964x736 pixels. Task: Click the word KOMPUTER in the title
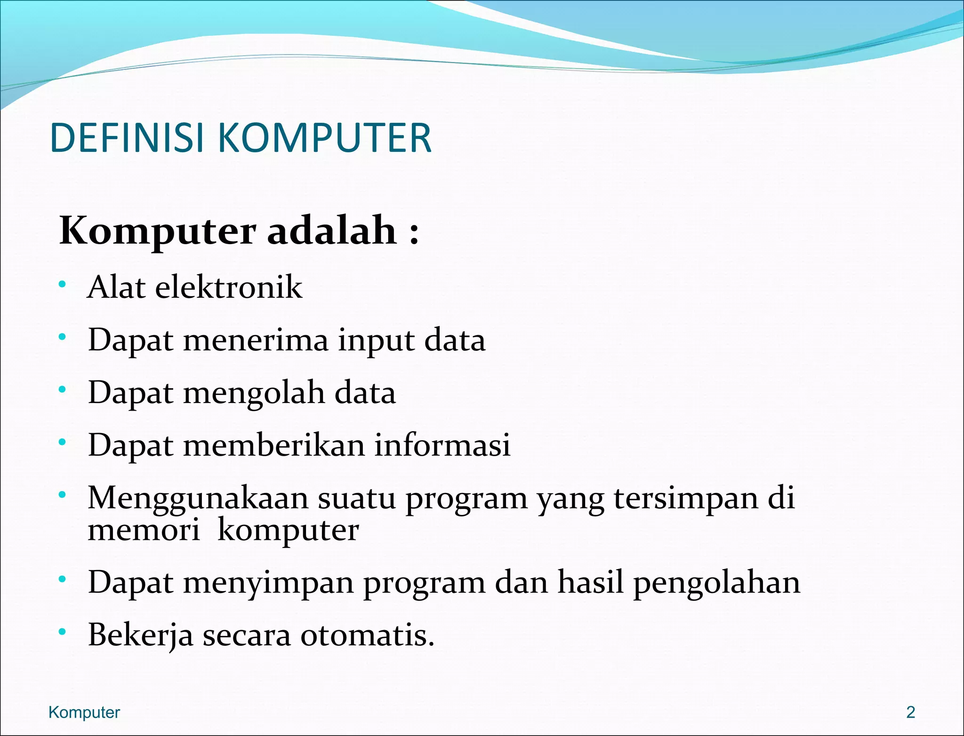pyautogui.click(x=324, y=138)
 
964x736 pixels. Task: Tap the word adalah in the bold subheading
pyautogui.click(x=332, y=231)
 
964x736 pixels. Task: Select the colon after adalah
pyautogui.click(x=414, y=233)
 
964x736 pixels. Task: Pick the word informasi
pyautogui.click(x=442, y=445)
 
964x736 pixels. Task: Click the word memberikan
pyautogui.click(x=273, y=445)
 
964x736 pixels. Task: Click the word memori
pyautogui.click(x=144, y=530)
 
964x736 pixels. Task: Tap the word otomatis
pyautogui.click(x=367, y=635)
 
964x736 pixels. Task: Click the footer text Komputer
pyautogui.click(x=84, y=712)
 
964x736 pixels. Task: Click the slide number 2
pyautogui.click(x=911, y=712)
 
